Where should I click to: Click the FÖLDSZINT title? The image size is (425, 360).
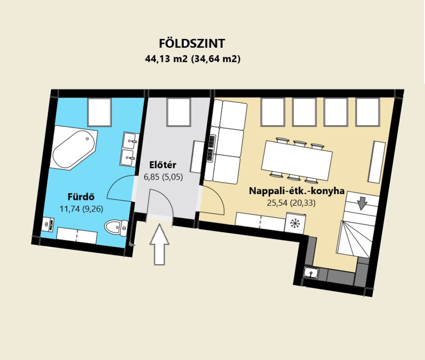pos(192,43)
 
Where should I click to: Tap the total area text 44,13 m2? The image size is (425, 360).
pos(166,59)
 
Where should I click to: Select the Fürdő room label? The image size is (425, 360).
pos(81,197)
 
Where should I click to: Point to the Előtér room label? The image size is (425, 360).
pos(163,165)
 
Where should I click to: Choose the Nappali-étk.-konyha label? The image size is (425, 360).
pos(297,191)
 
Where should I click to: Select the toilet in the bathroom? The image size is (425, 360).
pos(116,227)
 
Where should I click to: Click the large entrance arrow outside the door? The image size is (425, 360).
pos(159,244)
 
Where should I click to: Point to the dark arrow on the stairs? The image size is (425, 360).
pos(362,203)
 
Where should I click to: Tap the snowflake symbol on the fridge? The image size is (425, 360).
pos(294,223)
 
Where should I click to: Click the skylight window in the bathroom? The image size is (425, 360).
pos(100,112)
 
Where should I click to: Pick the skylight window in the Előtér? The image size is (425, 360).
pos(178,112)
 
